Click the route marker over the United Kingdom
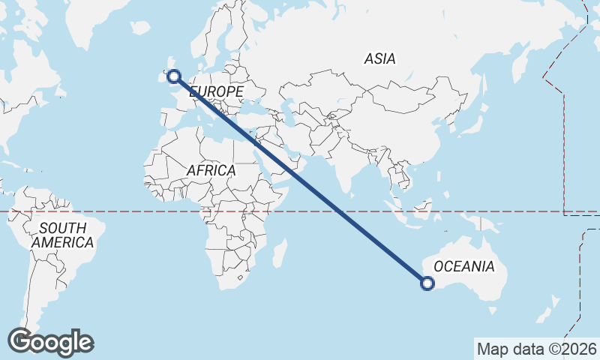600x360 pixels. pyautogui.click(x=174, y=76)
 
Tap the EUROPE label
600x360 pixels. pyautogui.click(x=217, y=91)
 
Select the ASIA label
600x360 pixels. pyautogui.click(x=380, y=58)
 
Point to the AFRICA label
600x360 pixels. pyautogui.click(x=211, y=171)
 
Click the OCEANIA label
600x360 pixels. pyautogui.click(x=464, y=266)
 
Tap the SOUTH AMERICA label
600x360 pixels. pyautogui.click(x=62, y=235)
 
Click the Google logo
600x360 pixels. pyautogui.click(x=50, y=342)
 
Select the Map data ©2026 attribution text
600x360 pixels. pyautogui.click(x=536, y=349)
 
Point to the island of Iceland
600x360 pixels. pyautogui.click(x=140, y=27)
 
